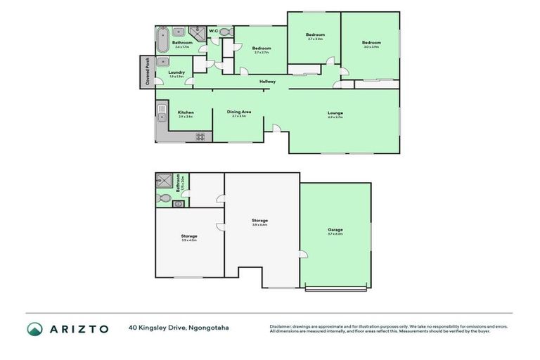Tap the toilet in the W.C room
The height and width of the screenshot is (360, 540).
point(225,32)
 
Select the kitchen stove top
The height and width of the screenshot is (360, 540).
point(200,136)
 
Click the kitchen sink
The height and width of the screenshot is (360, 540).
point(161,111)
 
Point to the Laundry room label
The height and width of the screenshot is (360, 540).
point(176,72)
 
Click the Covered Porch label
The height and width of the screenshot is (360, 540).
point(148,72)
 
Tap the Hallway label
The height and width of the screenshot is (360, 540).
point(267,82)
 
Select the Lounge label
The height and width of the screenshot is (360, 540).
point(335,113)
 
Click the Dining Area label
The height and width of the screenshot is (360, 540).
point(239,112)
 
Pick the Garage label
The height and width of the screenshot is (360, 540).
point(335,230)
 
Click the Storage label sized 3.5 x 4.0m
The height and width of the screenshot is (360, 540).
point(188,236)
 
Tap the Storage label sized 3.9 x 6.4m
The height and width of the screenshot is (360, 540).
point(260,221)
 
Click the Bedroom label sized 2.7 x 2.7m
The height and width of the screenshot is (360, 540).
point(262,49)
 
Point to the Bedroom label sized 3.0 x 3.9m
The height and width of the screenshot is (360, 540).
point(371,44)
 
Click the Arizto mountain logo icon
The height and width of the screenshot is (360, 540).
point(34,328)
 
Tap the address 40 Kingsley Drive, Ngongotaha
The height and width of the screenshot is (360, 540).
point(179,328)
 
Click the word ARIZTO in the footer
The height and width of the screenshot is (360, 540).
point(77,328)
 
